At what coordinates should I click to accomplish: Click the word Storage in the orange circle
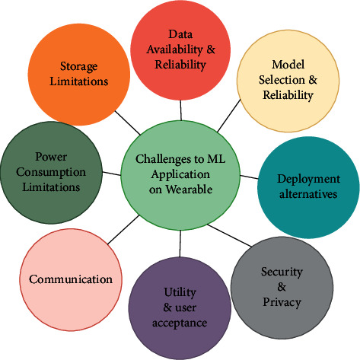point(78,66)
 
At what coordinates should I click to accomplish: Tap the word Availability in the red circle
point(175,49)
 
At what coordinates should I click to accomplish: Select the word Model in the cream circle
point(288,65)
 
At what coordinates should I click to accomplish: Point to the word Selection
point(282,80)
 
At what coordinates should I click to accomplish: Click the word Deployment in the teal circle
point(308,180)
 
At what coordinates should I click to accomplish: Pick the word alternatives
point(308,194)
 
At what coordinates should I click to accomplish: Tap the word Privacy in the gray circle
point(282,302)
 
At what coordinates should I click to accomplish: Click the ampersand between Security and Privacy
point(282,287)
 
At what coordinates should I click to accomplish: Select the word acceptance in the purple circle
point(180,323)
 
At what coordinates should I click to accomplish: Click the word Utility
point(180,292)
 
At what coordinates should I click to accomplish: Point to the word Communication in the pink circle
point(71,279)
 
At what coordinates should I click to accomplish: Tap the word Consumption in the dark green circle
point(51,173)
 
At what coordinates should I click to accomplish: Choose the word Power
point(51,157)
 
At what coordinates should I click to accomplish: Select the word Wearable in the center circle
point(189,190)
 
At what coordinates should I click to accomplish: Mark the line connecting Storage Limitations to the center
point(128,123)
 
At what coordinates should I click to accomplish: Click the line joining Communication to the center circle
point(123,230)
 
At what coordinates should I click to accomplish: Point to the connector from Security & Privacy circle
point(229,235)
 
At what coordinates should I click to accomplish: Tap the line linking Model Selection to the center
point(229,116)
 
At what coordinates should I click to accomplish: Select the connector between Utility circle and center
point(180,244)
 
